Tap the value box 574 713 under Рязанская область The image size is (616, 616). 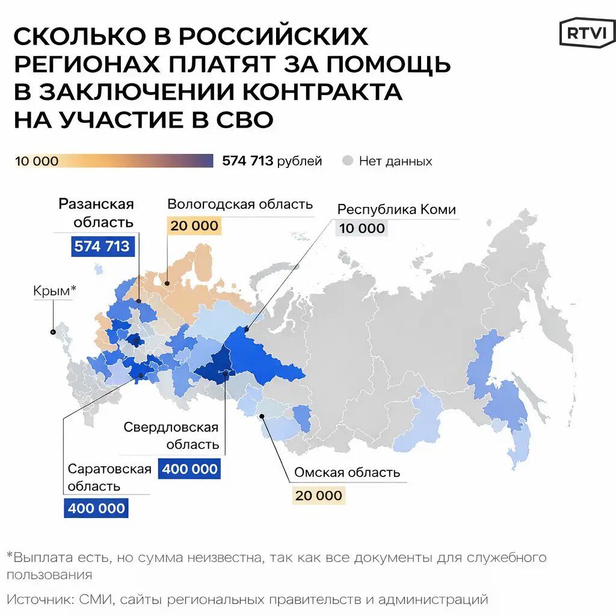(102, 246)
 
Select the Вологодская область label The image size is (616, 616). (240, 204)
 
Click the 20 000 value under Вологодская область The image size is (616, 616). (194, 226)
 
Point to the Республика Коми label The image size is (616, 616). (396, 209)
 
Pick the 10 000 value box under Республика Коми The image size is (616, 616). (362, 228)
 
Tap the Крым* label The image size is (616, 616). (55, 291)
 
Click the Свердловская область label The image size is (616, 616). (171, 436)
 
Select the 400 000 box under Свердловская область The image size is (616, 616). (189, 469)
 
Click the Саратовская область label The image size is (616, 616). (109, 477)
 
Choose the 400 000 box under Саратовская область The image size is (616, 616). (96, 508)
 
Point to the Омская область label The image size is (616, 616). (347, 472)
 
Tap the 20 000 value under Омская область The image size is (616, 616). (318, 496)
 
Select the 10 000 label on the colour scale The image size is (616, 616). (37, 161)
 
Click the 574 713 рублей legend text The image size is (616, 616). (272, 161)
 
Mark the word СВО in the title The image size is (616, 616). (243, 119)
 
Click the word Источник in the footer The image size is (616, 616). (38, 599)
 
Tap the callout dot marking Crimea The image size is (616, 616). (53, 331)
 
